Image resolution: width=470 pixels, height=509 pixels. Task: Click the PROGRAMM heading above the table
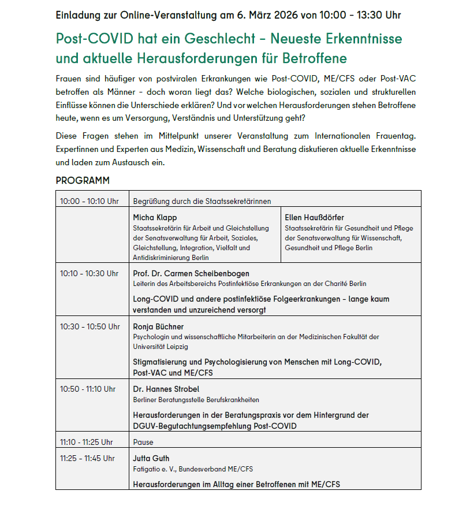tap(83, 181)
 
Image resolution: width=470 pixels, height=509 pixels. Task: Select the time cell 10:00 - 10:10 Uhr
tap(89, 201)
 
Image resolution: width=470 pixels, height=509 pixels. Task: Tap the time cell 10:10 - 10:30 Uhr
tap(89, 273)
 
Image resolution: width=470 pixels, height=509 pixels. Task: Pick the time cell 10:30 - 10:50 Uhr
tap(89, 326)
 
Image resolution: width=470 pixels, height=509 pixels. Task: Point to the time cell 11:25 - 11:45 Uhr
tap(88, 459)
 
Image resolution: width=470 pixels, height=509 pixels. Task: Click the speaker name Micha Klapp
tap(155, 218)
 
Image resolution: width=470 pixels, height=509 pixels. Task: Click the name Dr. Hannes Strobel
tap(166, 389)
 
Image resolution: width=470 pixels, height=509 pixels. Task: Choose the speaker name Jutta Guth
tap(151, 459)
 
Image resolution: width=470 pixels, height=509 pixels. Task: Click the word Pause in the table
tap(143, 442)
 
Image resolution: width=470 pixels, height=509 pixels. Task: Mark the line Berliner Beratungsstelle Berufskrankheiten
tap(196, 399)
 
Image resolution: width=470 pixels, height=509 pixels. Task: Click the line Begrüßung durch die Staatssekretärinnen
tap(202, 201)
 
